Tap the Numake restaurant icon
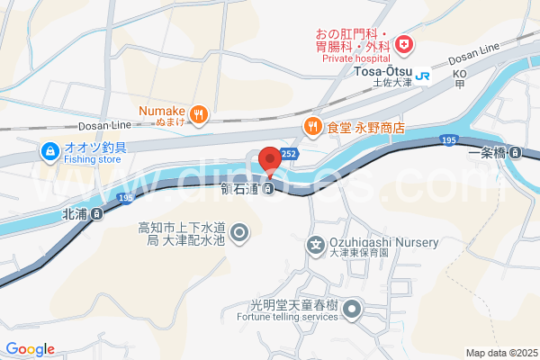pyautogui.click(x=199, y=114)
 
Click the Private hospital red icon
pyautogui.click(x=404, y=43)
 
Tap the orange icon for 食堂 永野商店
pyautogui.click(x=312, y=127)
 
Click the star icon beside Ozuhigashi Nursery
pyautogui.click(x=316, y=244)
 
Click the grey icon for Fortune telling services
pyautogui.click(x=352, y=311)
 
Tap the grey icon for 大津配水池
pyautogui.click(x=239, y=235)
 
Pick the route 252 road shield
pyautogui.click(x=288, y=154)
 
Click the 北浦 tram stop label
pyautogui.click(x=76, y=214)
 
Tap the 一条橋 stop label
pyautogui.click(x=488, y=153)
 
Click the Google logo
pyautogui.click(x=30, y=349)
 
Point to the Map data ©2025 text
pyautogui.click(x=500, y=353)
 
